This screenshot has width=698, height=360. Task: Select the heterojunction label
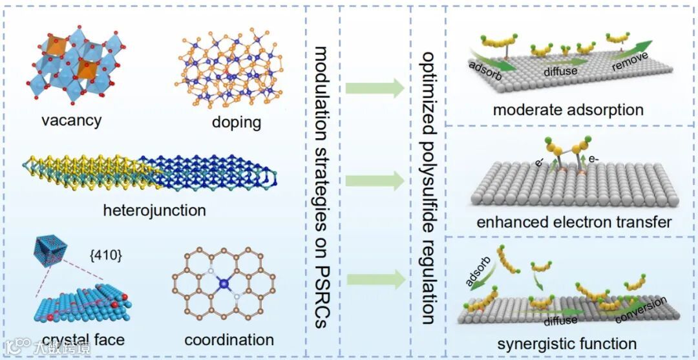pyautogui.click(x=154, y=210)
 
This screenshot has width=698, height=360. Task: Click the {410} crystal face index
pyautogui.click(x=106, y=254)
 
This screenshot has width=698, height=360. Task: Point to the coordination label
pyautogui.click(x=229, y=339)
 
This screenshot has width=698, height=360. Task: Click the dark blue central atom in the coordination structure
pyautogui.click(x=224, y=282)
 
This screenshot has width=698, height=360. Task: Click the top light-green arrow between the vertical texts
pyautogui.click(x=375, y=89)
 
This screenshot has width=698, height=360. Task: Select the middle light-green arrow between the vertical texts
pyautogui.click(x=375, y=182)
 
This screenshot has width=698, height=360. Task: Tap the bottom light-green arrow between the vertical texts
pyautogui.click(x=375, y=279)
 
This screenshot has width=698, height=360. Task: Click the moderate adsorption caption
pyautogui.click(x=568, y=109)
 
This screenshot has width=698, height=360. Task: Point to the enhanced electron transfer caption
pyautogui.click(x=574, y=222)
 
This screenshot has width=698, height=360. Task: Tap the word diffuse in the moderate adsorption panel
pyautogui.click(x=560, y=71)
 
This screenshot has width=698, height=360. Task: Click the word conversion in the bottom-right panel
pyautogui.click(x=642, y=311)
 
